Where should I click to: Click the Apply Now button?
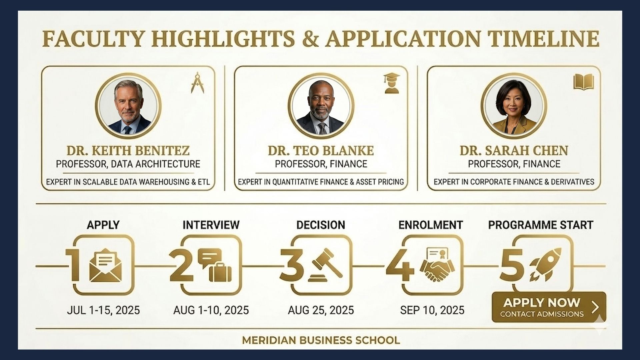[x=548, y=307]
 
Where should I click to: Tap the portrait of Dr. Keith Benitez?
[x=128, y=106]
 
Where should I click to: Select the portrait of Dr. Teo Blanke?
[x=321, y=106]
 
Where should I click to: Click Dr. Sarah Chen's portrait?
[x=513, y=106]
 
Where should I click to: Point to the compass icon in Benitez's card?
[x=197, y=82]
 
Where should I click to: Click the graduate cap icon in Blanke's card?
[x=391, y=83]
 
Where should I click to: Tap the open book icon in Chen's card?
[x=583, y=82]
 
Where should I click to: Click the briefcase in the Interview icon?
[x=220, y=272]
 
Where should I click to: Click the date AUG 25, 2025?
[x=321, y=310]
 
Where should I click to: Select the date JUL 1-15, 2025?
[x=103, y=310]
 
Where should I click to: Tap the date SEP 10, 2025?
[x=432, y=310]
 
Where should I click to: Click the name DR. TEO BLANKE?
[x=321, y=151]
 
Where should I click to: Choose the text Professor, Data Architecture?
[x=128, y=164]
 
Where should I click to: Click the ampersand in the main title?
[x=310, y=38]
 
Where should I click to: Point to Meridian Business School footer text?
[x=321, y=340]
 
